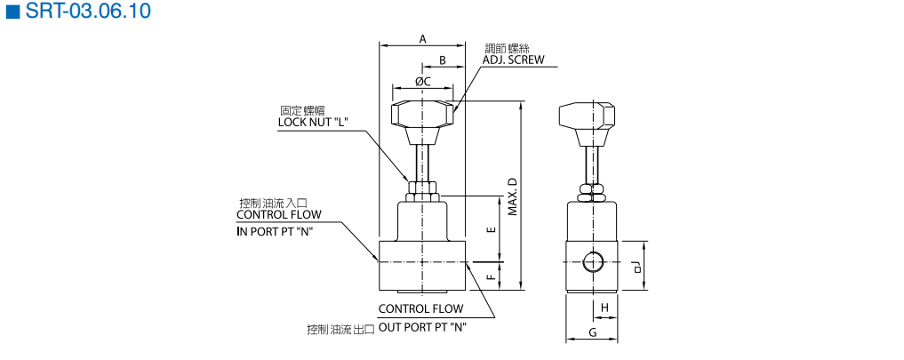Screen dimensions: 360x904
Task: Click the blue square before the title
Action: [12, 12]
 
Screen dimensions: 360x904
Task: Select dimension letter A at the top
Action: [423, 38]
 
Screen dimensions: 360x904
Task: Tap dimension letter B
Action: [443, 60]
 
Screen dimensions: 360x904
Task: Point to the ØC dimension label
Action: [422, 81]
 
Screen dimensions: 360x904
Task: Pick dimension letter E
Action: [492, 228]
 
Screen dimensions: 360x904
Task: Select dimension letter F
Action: [492, 276]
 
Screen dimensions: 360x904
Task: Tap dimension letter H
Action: [604, 308]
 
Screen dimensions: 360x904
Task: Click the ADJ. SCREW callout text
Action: [513, 61]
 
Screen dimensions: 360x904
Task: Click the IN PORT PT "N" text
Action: [275, 231]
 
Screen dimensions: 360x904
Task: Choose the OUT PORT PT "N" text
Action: [423, 327]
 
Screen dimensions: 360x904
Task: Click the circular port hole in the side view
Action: [593, 263]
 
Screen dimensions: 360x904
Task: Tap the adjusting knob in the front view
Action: [423, 116]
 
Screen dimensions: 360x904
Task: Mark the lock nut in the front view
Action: [423, 189]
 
